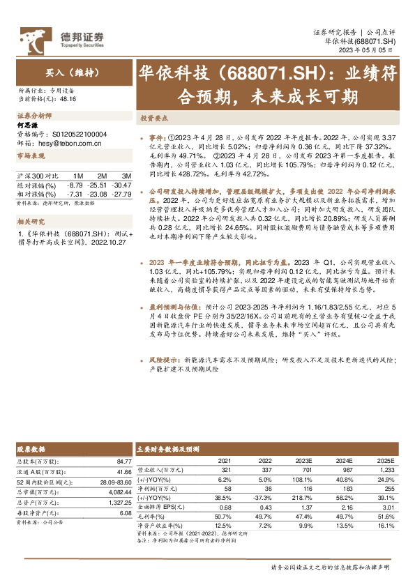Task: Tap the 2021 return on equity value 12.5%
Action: coord(225,526)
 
